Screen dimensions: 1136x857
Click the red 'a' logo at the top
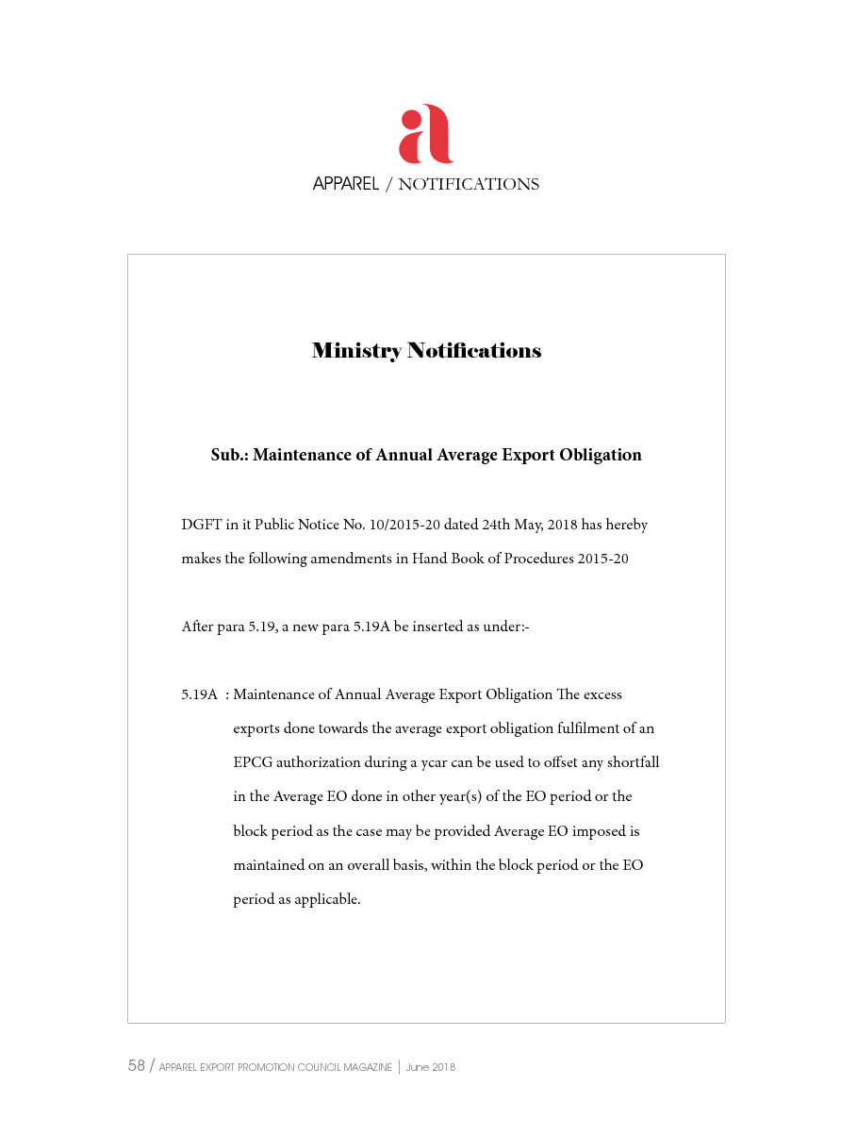click(x=426, y=134)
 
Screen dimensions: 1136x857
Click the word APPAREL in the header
click(x=345, y=184)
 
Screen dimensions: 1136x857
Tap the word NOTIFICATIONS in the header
click(x=469, y=184)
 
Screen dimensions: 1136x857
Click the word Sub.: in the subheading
click(x=229, y=455)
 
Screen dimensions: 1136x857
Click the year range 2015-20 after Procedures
click(x=603, y=559)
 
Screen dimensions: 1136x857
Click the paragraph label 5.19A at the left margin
click(x=200, y=695)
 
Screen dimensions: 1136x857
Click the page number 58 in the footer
click(x=137, y=1066)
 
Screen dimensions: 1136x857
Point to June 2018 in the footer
click(x=431, y=1067)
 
